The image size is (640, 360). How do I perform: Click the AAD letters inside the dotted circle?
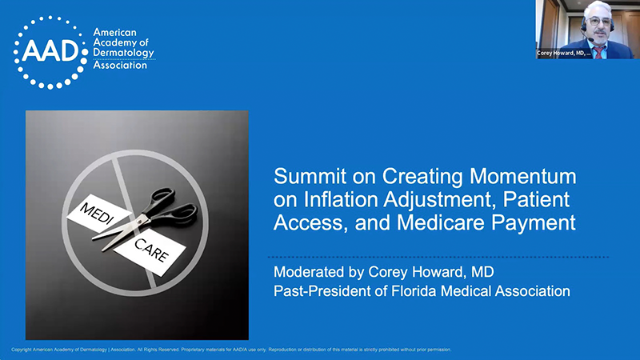50,50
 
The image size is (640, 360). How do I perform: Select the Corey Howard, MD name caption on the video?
562,53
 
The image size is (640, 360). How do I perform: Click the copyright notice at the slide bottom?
231,350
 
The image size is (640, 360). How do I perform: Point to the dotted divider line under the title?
441,257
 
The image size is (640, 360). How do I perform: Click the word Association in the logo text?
120,65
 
